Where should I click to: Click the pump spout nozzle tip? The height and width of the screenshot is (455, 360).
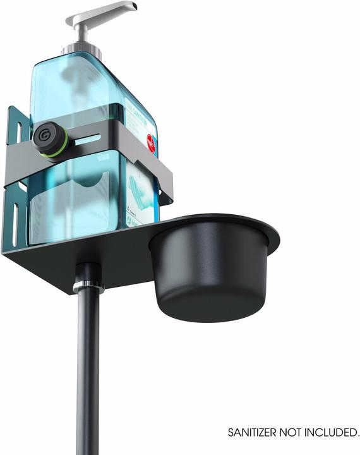(x=133, y=7)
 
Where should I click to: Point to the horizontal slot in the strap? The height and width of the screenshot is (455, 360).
(x=89, y=139)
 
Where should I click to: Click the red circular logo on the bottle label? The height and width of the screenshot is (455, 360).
(x=150, y=142)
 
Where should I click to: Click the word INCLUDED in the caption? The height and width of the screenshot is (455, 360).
(x=335, y=433)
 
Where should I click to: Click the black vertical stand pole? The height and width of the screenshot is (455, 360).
(x=88, y=379)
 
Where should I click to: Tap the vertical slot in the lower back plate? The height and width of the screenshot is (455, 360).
(x=15, y=222)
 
